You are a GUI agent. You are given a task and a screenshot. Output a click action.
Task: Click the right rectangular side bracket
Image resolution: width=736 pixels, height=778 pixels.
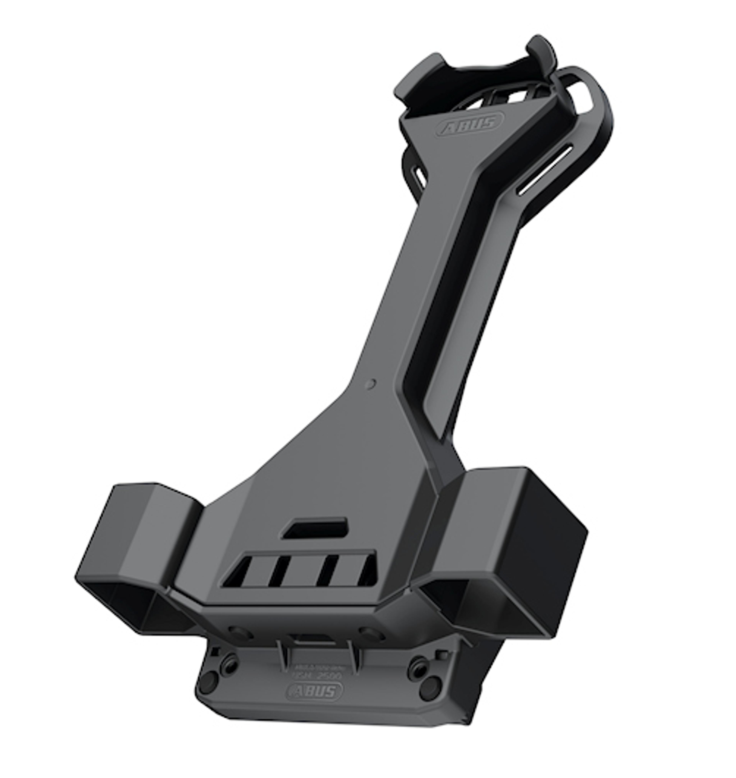pyautogui.click(x=510, y=550)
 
